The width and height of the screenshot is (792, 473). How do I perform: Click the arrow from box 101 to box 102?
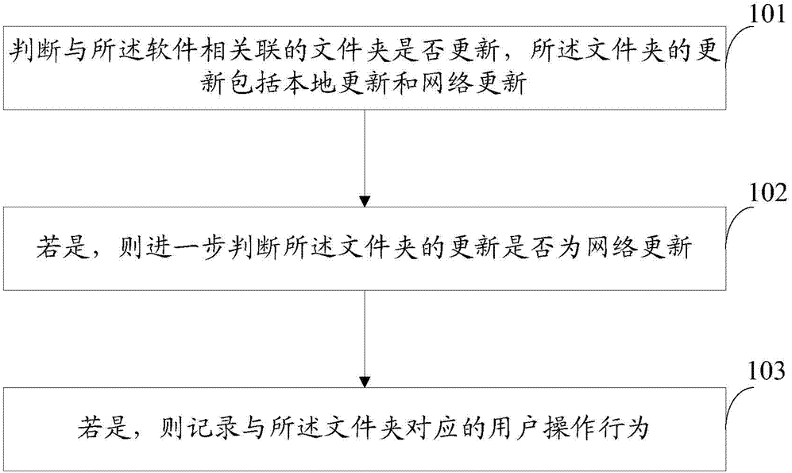click(x=364, y=159)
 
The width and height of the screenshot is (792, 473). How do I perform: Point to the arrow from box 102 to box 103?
click(x=364, y=338)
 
